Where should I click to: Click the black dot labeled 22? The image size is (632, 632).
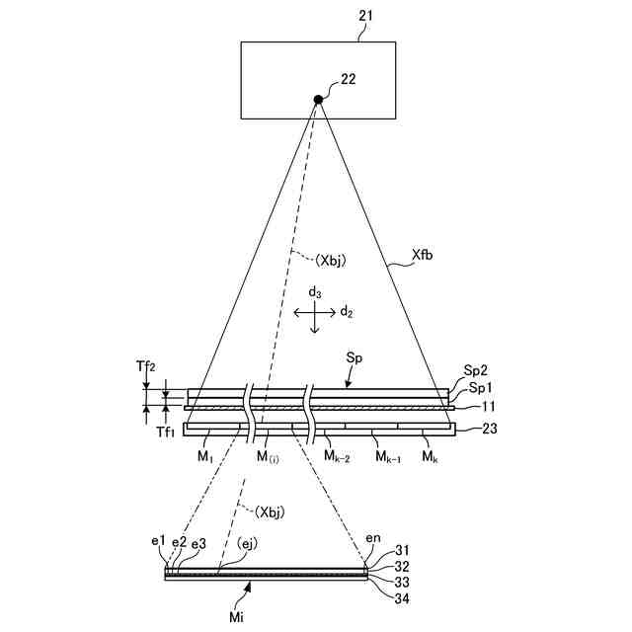coord(318,99)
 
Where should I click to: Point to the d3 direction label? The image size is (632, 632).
coord(314,292)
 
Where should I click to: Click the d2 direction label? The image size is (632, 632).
coord(347,312)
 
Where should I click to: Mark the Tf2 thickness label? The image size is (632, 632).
coord(144,365)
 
